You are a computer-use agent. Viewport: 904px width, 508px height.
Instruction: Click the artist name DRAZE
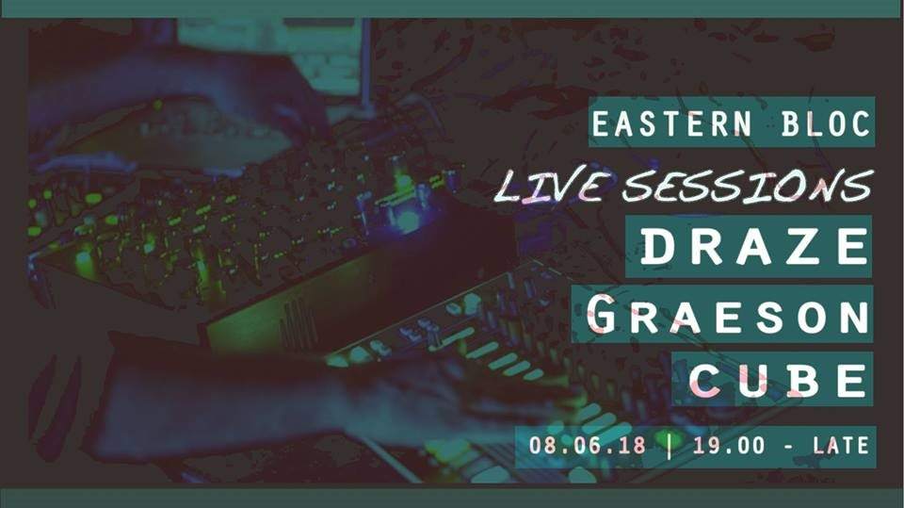point(754,246)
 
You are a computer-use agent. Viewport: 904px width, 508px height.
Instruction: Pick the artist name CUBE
point(778,381)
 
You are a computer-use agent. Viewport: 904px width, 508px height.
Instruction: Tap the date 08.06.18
point(589,445)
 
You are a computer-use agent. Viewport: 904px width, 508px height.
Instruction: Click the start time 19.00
point(728,445)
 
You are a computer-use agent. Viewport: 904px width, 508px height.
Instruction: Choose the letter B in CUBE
point(802,381)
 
